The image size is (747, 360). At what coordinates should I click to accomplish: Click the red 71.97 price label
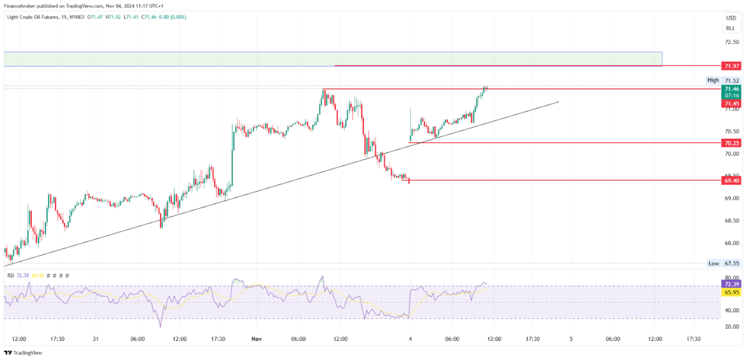(x=731, y=66)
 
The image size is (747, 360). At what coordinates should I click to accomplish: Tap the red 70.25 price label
(x=731, y=143)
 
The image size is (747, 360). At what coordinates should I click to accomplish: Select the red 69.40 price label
(x=731, y=181)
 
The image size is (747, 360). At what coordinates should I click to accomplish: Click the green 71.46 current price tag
(x=731, y=89)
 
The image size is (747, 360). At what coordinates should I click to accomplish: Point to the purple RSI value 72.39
(x=731, y=283)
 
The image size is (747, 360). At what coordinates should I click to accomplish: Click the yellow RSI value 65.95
(x=731, y=291)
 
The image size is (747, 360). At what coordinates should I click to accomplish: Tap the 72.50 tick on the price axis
(x=731, y=42)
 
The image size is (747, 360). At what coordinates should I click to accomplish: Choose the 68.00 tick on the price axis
(x=731, y=243)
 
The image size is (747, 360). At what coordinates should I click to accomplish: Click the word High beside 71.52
(x=713, y=80)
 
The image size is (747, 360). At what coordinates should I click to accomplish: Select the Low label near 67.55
(x=713, y=263)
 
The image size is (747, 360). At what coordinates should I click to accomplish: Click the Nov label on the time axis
(x=256, y=339)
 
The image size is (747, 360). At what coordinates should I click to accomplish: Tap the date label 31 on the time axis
(x=95, y=339)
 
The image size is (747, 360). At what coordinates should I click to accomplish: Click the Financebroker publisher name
(x=22, y=6)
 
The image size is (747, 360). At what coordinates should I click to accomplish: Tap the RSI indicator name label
(x=10, y=275)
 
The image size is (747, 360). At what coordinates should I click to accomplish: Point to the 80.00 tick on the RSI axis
(x=731, y=278)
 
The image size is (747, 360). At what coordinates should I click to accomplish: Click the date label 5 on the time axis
(x=571, y=339)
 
